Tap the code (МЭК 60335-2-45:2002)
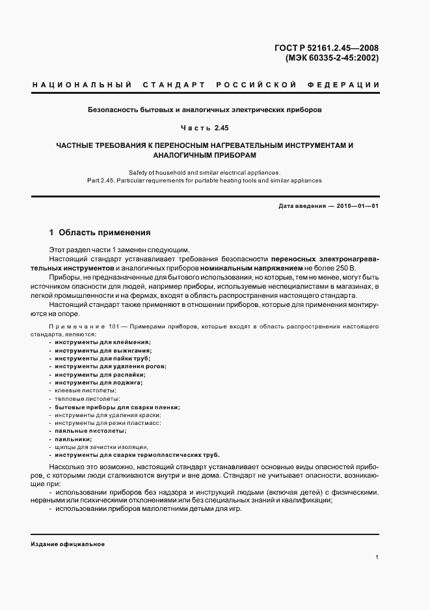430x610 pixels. [332, 58]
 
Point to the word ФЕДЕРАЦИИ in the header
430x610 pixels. [347, 85]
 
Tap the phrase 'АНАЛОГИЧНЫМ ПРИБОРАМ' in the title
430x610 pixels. [205, 156]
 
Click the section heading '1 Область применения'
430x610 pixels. [100, 232]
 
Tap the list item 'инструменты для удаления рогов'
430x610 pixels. [110, 366]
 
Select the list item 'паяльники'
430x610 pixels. [74, 439]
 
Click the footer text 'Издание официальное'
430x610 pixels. [68, 544]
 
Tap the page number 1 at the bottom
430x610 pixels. [377, 557]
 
